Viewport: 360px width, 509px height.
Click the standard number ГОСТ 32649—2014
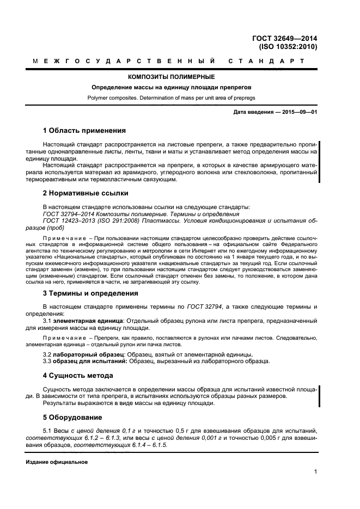pos(285,38)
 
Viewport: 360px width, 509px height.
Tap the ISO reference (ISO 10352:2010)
pos(288,47)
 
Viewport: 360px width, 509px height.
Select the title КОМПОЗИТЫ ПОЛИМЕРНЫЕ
pos(174,77)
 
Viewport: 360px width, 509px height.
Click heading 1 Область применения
pos(84,131)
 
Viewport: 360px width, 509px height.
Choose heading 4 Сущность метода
pos(78,376)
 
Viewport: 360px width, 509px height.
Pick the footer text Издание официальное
pos(57,462)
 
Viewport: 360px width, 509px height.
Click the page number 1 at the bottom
pos(315,473)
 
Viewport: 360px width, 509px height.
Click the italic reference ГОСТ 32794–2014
pos(69,214)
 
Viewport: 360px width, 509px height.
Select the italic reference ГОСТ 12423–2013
pos(69,221)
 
